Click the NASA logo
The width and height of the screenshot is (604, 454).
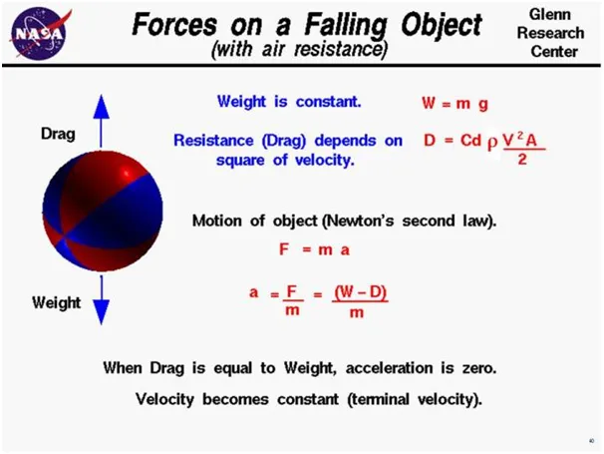click(x=41, y=34)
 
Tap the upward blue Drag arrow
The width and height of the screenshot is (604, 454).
click(x=101, y=121)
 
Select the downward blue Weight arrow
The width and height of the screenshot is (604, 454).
click(x=102, y=300)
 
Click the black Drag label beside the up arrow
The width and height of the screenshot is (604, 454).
click(x=58, y=135)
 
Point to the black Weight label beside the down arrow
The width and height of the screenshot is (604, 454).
click(x=57, y=302)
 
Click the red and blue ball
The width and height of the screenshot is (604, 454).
click(x=103, y=211)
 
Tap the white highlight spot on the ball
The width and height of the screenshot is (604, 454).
click(x=127, y=173)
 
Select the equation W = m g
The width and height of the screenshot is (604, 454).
click(x=454, y=104)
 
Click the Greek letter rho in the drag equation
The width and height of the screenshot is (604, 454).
click(x=492, y=143)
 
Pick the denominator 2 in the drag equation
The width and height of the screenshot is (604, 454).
click(x=522, y=159)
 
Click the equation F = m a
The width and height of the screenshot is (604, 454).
click(x=314, y=250)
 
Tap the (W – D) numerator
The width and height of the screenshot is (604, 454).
click(x=360, y=292)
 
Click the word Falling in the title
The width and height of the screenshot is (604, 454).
click(x=345, y=26)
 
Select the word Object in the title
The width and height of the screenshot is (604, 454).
click(x=442, y=26)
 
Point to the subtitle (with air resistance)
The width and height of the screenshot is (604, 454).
click(x=299, y=50)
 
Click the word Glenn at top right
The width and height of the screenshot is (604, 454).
click(x=550, y=15)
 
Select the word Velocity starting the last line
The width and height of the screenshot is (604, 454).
click(x=164, y=399)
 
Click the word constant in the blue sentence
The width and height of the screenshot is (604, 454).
click(x=329, y=102)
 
